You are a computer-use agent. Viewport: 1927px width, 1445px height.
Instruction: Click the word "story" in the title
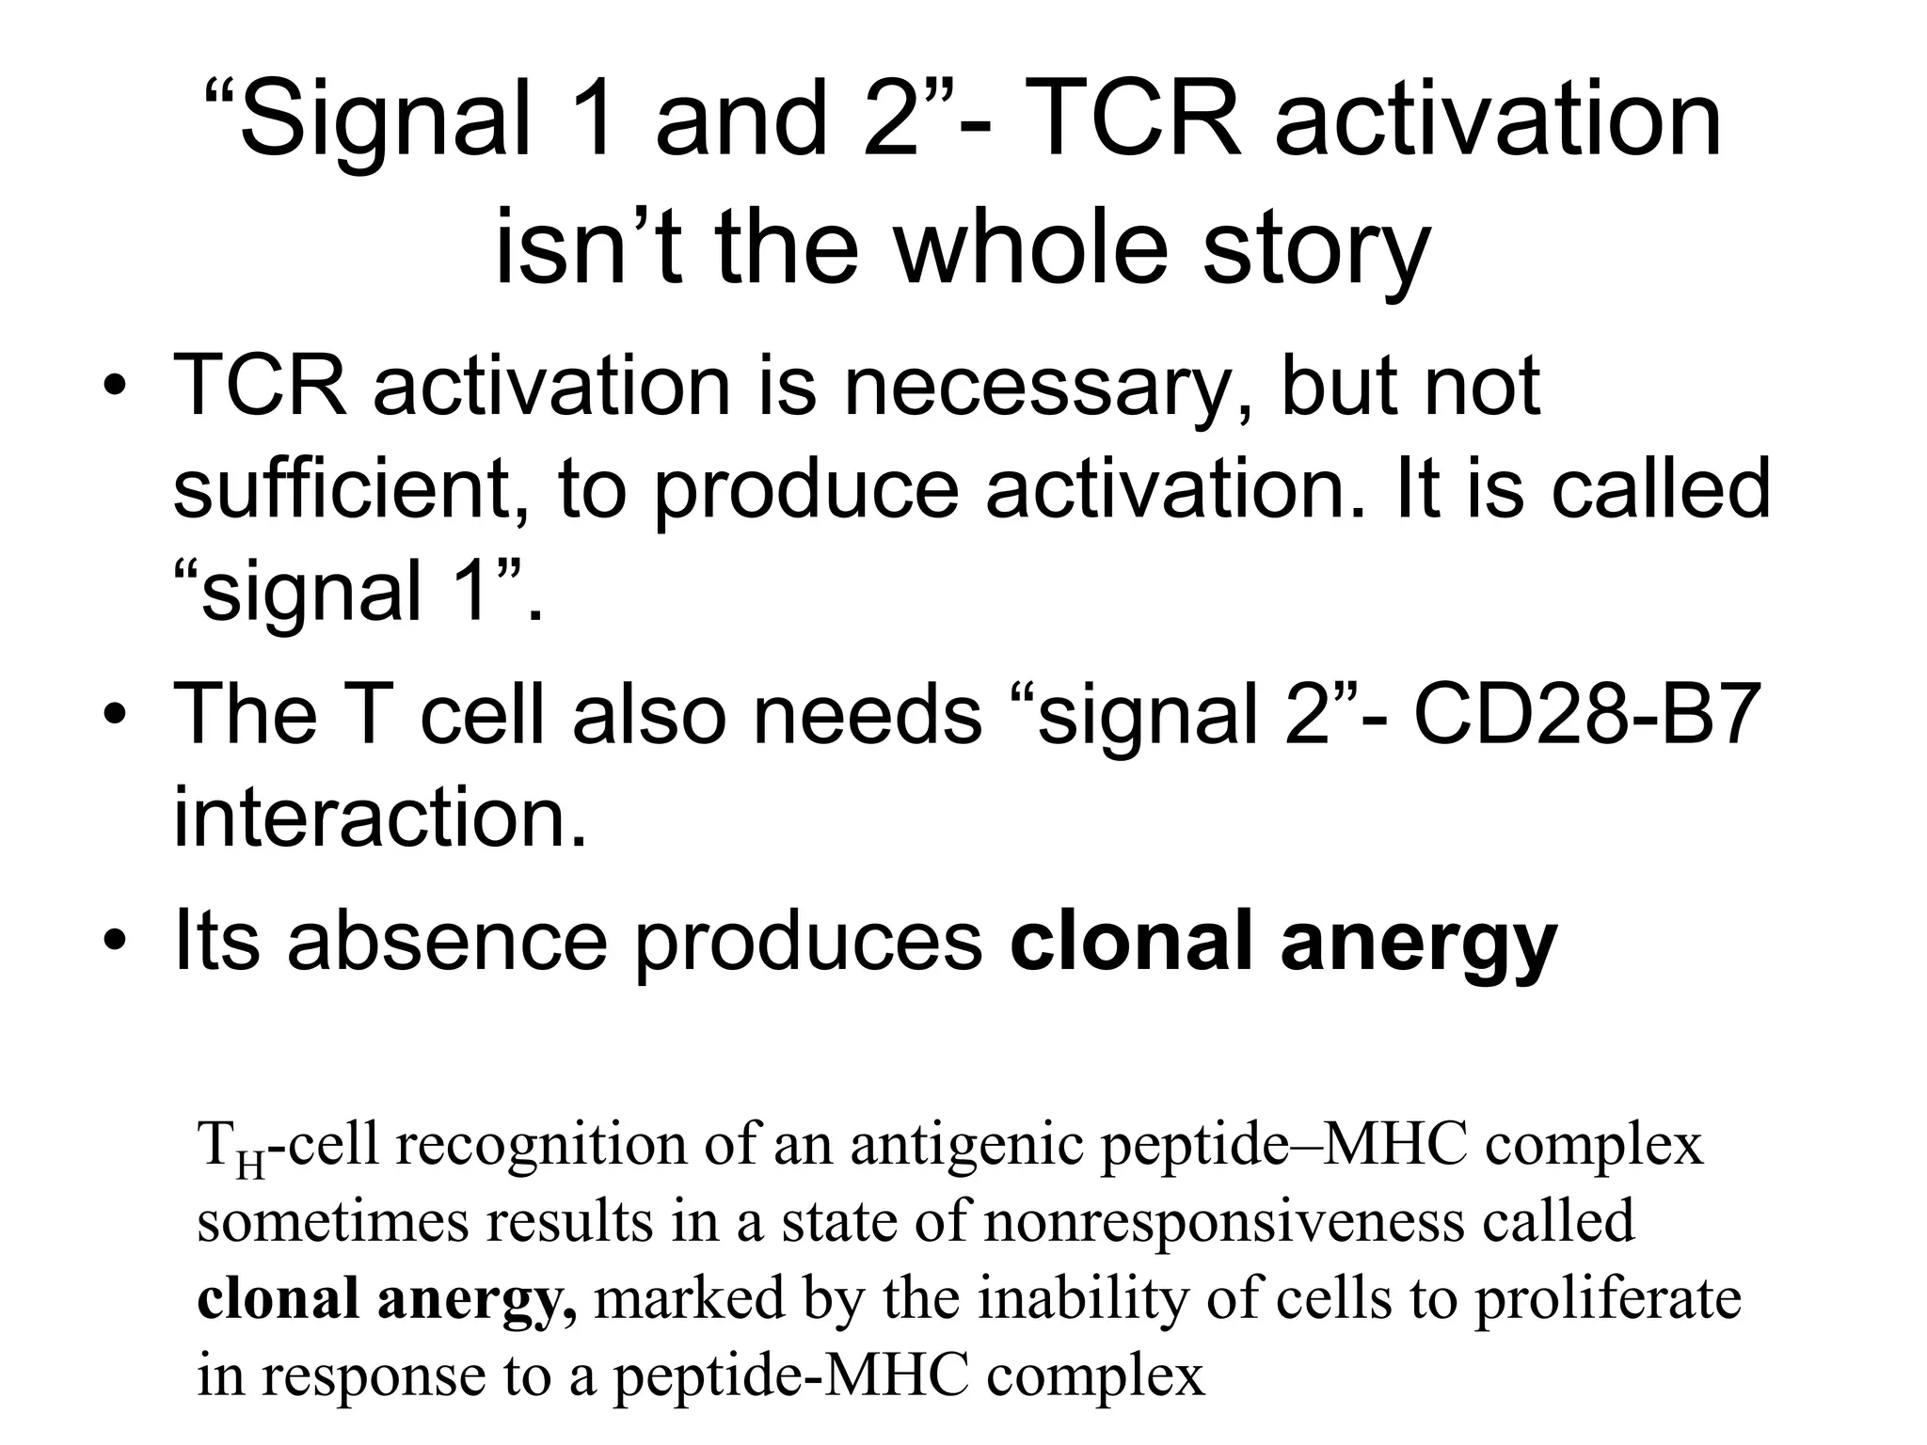tap(1316, 249)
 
